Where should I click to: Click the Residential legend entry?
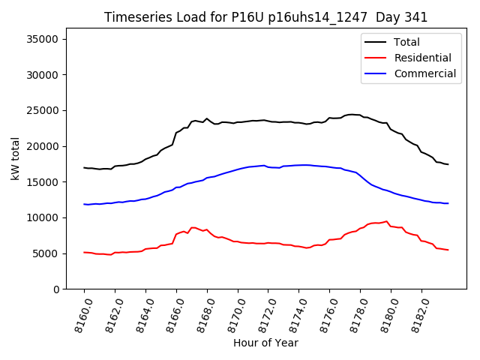422,58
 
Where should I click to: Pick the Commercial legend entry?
424,73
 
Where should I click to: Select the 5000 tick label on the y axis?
53,253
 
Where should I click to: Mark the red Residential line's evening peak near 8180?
386,221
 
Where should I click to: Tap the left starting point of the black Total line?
84,167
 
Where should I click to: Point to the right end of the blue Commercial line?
448,203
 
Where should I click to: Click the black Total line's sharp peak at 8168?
207,118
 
